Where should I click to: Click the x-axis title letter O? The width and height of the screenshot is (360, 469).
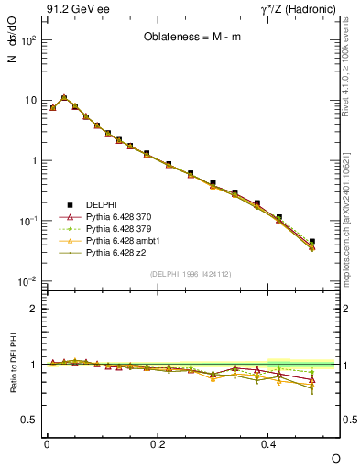(x=335, y=457)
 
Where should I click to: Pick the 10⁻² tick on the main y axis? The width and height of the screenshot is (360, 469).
(x=31, y=281)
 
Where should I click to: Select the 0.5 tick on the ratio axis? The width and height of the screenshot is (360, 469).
(x=33, y=420)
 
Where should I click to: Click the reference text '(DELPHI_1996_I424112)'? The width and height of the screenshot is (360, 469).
(x=190, y=273)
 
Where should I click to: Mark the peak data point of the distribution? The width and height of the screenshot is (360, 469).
(x=64, y=97)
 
